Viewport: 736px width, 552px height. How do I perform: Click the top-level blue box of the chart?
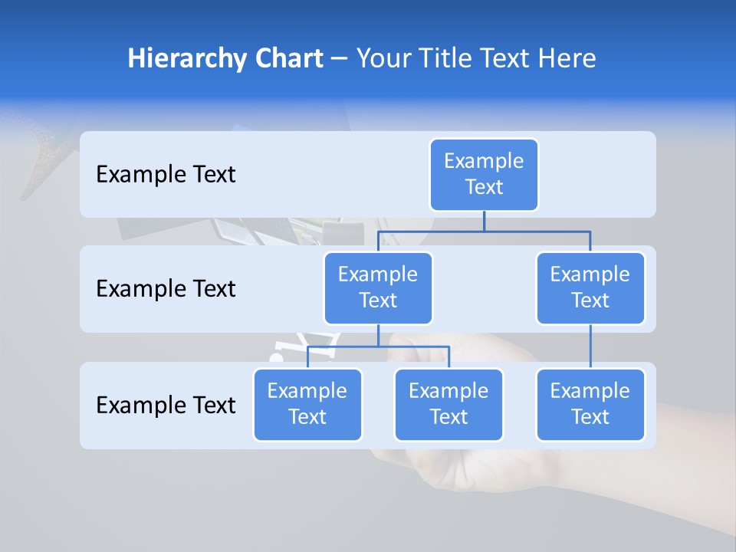tap(484, 175)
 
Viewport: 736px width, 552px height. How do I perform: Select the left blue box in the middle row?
tap(378, 288)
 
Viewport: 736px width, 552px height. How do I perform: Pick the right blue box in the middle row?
tap(590, 288)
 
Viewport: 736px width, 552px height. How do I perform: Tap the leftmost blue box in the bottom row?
tap(307, 405)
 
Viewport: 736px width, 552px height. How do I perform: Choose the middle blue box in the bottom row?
tap(449, 405)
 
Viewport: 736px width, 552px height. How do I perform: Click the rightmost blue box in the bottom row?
tap(590, 405)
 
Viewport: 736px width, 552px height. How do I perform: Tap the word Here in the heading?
tap(568, 58)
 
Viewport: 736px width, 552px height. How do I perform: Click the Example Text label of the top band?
tap(166, 175)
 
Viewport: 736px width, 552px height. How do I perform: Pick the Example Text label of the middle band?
tap(166, 289)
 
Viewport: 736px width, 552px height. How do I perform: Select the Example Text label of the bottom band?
tap(166, 405)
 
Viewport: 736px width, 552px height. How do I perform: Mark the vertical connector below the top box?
tap(484, 221)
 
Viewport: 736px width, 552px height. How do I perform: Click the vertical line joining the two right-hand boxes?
tap(590, 347)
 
